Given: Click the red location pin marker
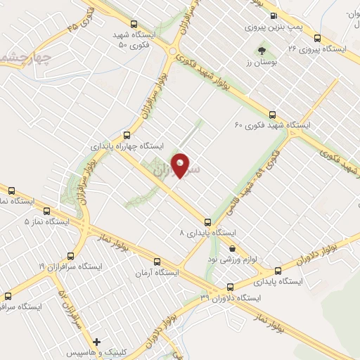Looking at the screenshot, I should [181, 165].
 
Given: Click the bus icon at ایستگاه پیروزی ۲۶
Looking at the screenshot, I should [318, 39].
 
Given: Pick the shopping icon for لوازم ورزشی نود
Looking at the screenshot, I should [233, 247].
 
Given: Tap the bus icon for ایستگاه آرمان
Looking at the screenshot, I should [157, 260].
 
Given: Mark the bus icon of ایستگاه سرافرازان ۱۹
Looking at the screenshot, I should [70, 256].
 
